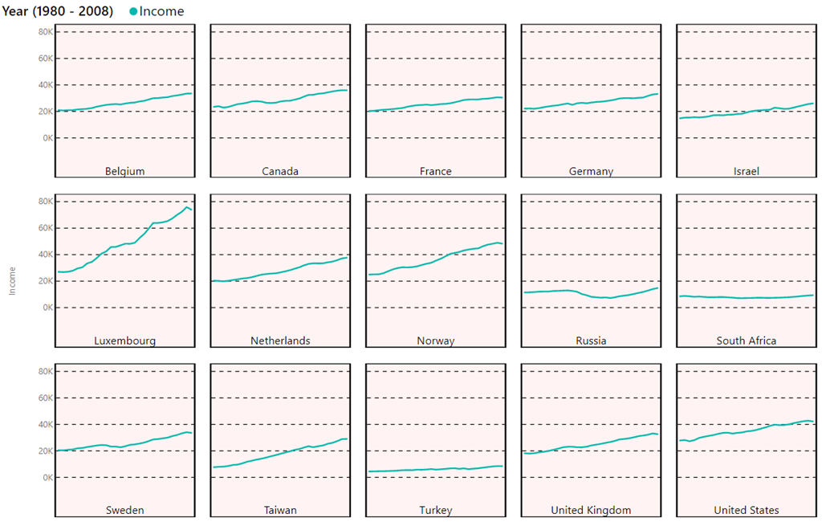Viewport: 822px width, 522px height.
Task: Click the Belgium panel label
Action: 124,171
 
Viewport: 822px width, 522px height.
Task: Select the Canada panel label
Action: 280,171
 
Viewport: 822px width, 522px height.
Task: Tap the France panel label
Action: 435,171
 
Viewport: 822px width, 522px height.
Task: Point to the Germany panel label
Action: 591,171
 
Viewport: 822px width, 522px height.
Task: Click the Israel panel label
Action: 747,171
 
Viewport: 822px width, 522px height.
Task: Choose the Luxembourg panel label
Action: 124,341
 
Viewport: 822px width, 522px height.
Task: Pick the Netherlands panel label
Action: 280,341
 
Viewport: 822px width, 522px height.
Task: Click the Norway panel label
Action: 435,341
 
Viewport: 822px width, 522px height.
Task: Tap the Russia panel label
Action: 591,341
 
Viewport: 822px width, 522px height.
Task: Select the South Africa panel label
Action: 747,341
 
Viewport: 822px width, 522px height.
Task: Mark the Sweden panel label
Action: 124,510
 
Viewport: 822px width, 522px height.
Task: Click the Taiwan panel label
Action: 280,510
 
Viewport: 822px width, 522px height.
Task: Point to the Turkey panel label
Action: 435,510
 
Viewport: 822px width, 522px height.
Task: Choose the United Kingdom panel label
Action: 591,510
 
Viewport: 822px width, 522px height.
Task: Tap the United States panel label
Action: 747,510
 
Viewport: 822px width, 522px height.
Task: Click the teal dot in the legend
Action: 132,11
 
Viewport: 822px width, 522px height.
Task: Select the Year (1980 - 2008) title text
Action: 57,11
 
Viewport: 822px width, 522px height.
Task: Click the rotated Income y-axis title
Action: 12,282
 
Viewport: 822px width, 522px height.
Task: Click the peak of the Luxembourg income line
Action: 187,207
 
